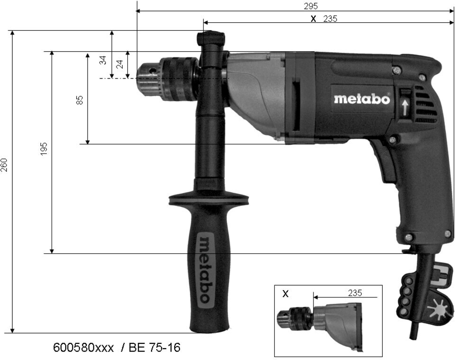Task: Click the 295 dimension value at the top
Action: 311,6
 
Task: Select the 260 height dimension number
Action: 4,165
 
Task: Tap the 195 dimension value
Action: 44,149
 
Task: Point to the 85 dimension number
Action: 80,100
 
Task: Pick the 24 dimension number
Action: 120,64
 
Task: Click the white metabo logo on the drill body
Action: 362,99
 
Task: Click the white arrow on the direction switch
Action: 404,108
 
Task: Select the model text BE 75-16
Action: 154,348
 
